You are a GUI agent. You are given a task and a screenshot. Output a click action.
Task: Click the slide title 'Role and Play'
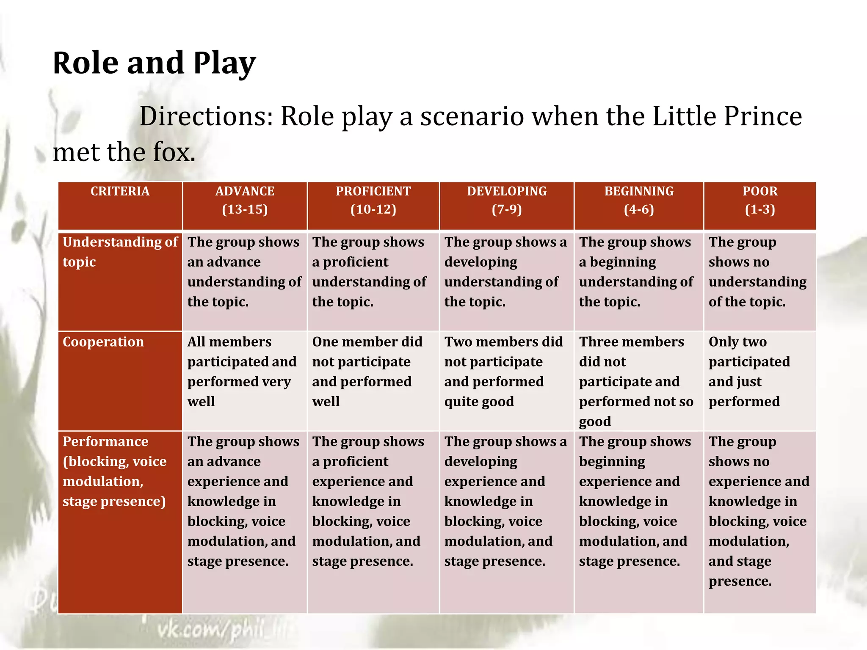154,63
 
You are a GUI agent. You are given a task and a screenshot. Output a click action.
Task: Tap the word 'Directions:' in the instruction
206,116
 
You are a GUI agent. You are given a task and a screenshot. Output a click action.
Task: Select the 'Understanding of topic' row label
120,252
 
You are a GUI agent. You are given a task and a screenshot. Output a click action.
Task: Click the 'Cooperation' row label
104,342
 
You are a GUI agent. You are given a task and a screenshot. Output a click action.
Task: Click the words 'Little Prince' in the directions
727,116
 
